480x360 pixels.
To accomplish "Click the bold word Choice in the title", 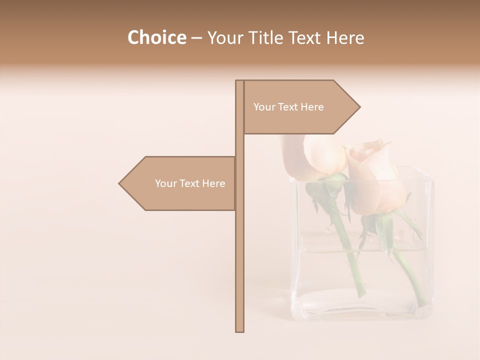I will click(x=156, y=38).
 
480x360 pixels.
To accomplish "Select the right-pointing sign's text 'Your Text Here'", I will click(x=288, y=107).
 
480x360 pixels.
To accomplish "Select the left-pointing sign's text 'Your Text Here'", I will click(x=190, y=183).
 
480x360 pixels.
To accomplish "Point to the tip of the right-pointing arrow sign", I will click(x=359, y=106).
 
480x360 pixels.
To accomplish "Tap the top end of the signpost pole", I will click(x=239, y=81).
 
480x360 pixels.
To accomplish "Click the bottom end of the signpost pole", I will click(x=239, y=330).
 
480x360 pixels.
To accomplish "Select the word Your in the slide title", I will click(x=224, y=38).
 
